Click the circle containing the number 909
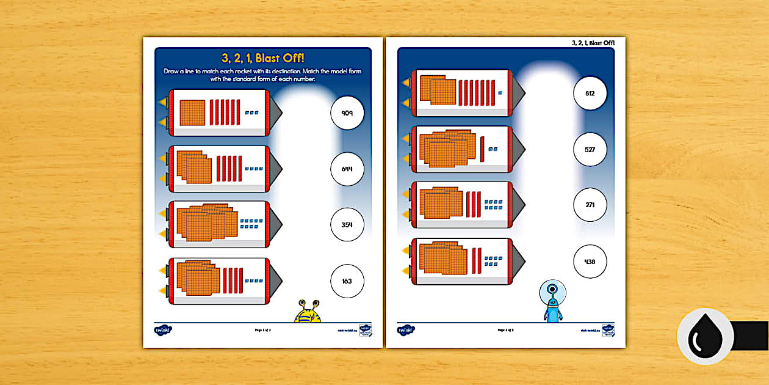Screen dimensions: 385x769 (x=347, y=113)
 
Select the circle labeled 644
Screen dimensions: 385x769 (x=347, y=169)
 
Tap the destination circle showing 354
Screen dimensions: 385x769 (x=347, y=226)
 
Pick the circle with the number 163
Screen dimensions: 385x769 (x=347, y=282)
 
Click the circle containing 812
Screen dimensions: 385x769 (x=590, y=94)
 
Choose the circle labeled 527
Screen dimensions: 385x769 (x=590, y=150)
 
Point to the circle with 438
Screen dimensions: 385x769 (x=590, y=262)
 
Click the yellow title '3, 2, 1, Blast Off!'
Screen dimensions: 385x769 (x=263, y=59)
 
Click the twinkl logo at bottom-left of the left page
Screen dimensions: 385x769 (x=163, y=330)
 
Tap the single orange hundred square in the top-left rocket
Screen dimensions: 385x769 (x=192, y=112)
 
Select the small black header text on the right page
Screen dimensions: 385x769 (x=593, y=43)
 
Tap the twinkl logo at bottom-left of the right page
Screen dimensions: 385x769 (x=406, y=330)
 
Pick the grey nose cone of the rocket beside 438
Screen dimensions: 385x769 (x=519, y=261)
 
